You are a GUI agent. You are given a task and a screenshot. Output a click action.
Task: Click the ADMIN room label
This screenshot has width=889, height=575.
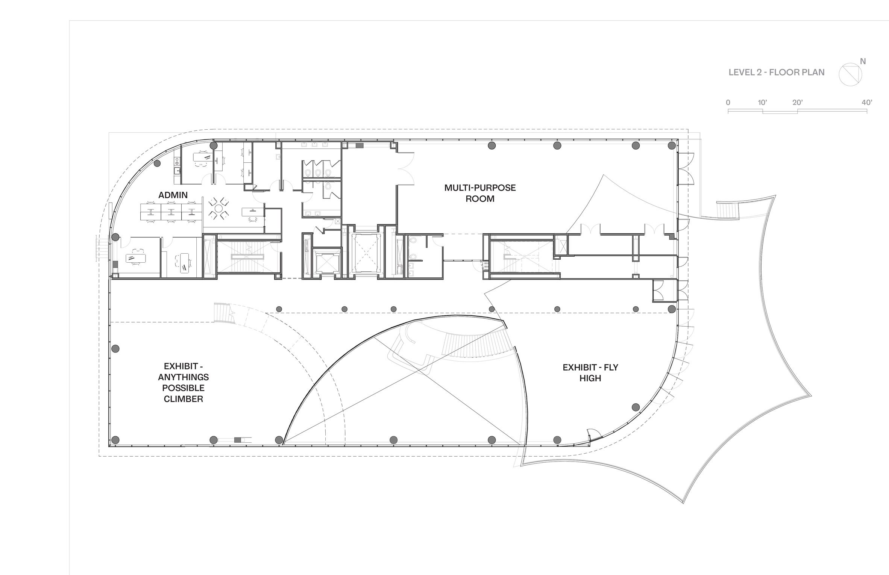tap(173, 195)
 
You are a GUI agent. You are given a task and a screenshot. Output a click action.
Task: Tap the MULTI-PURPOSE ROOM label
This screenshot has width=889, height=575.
tap(480, 193)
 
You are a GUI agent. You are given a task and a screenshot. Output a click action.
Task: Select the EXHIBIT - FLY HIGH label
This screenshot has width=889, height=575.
tap(590, 373)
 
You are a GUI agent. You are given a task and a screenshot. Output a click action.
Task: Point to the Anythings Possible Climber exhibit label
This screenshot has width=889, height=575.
tap(184, 383)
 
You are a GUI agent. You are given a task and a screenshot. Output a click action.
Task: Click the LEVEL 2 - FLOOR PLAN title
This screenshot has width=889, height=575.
tap(777, 72)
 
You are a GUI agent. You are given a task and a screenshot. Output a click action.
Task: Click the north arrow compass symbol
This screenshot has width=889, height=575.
tap(850, 74)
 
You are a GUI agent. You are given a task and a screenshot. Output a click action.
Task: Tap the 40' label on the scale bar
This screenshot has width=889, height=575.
tap(867, 102)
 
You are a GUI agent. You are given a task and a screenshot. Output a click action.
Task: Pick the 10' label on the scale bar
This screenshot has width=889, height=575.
tap(762, 102)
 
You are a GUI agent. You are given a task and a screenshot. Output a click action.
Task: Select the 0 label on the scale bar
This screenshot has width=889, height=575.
tap(728, 102)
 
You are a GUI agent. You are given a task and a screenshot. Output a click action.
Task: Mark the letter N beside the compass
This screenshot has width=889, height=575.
tap(863, 61)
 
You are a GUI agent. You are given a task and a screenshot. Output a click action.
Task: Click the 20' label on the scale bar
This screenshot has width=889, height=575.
tap(798, 102)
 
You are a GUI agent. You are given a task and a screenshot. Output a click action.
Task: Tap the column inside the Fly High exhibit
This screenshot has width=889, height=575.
tap(636, 407)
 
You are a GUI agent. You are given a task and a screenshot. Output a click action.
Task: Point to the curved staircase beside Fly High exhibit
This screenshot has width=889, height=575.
tap(478, 344)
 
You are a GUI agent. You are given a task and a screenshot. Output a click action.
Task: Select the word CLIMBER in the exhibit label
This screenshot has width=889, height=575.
tap(184, 399)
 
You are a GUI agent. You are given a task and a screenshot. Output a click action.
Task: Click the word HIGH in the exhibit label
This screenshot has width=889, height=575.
tap(590, 378)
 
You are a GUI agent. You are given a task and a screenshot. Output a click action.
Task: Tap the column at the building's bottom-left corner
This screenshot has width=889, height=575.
tap(115, 440)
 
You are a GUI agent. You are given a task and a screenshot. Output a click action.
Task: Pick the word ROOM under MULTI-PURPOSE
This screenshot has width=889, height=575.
tap(480, 199)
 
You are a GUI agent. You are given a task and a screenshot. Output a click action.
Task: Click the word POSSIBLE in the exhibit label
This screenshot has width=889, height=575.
tap(184, 388)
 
